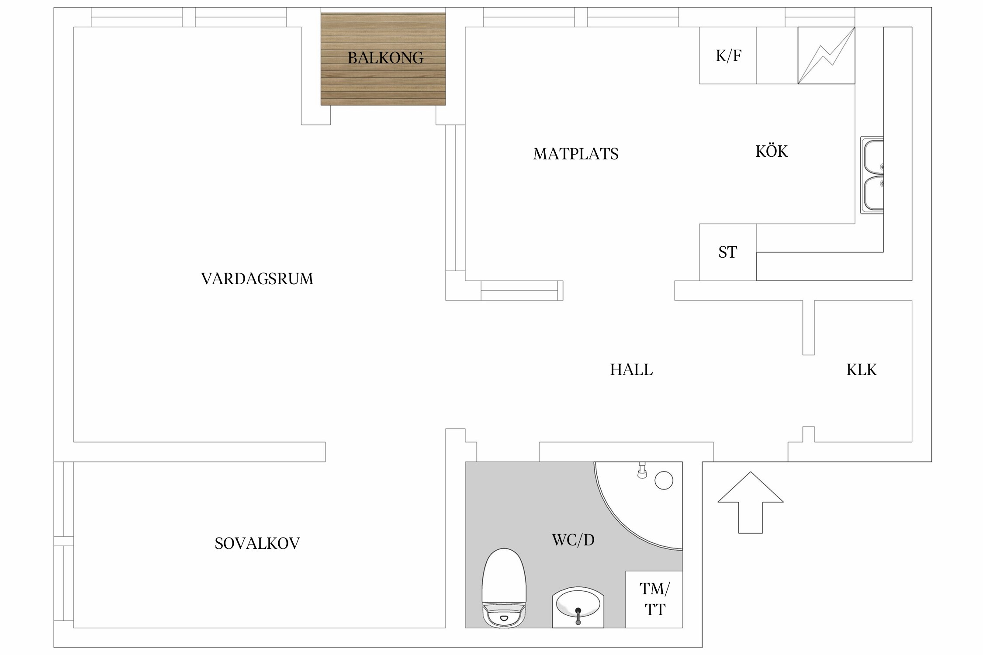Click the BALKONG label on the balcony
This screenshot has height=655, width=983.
[x=385, y=58]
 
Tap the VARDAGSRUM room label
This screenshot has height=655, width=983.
[x=257, y=279]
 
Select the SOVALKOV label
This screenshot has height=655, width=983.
[x=257, y=543]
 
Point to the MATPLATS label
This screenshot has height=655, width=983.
[x=575, y=154]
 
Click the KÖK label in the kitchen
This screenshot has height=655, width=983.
[x=772, y=151]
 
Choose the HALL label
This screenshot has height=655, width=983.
[x=631, y=370]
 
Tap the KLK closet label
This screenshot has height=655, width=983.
[x=861, y=370]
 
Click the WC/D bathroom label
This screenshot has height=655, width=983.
[x=573, y=540]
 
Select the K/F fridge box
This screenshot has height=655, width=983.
[x=728, y=55]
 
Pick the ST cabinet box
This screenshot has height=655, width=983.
[x=728, y=252]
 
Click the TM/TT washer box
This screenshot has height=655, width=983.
[x=654, y=599]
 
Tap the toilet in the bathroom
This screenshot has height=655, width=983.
[x=504, y=588]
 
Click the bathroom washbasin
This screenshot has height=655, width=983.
[x=578, y=607]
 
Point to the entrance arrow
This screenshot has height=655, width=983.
[x=750, y=503]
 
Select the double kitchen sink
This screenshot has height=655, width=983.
[x=872, y=176]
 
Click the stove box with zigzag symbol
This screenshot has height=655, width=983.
[x=826, y=55]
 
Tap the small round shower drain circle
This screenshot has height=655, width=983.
[x=664, y=480]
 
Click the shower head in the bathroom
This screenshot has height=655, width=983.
[x=642, y=470]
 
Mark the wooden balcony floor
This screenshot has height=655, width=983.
[x=383, y=59]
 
